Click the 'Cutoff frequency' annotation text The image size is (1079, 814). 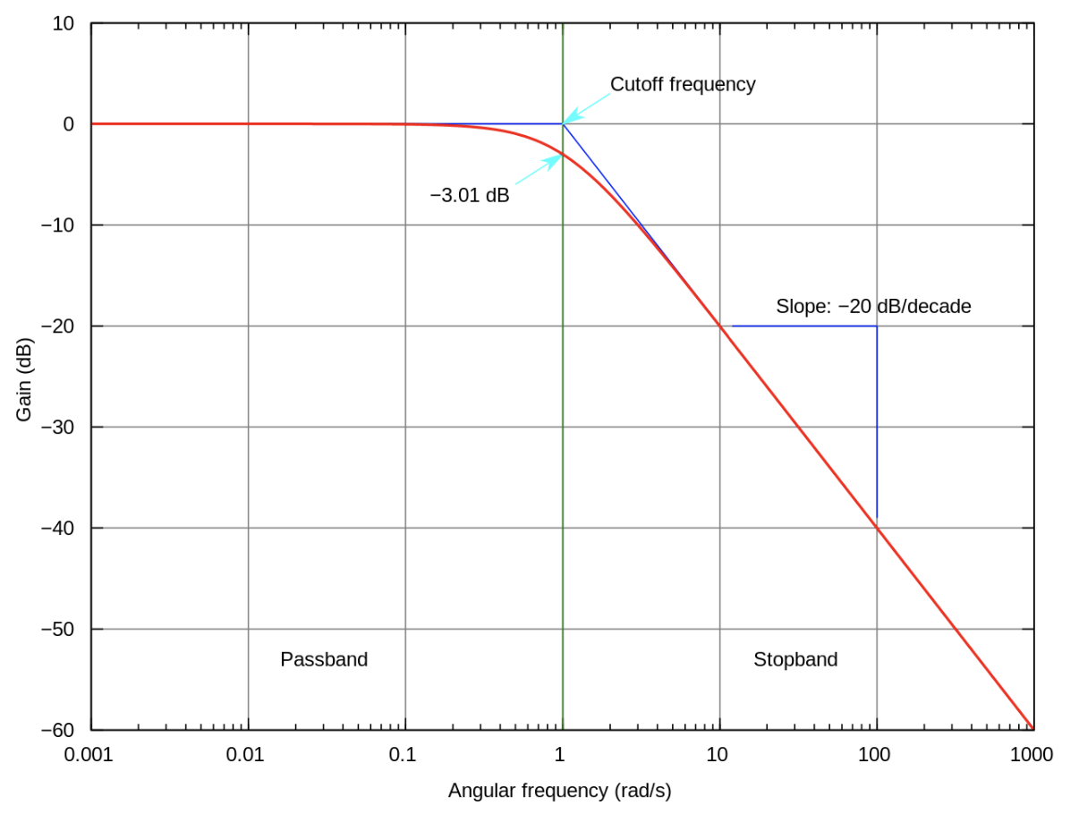683,84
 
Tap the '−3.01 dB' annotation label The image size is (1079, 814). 469,195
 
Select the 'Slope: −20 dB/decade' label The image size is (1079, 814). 873,306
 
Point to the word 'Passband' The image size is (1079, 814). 324,659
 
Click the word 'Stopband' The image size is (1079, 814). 795,659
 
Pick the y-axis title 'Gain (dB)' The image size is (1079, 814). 24,379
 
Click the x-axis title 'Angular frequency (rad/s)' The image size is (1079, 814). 559,791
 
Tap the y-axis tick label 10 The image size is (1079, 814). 63,23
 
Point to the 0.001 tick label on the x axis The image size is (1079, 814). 89,755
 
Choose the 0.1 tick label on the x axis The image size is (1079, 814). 403,755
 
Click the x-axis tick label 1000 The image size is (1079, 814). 1031,755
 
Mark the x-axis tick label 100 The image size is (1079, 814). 874,755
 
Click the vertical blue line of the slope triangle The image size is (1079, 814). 877,420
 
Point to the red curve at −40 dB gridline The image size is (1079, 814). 877,528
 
